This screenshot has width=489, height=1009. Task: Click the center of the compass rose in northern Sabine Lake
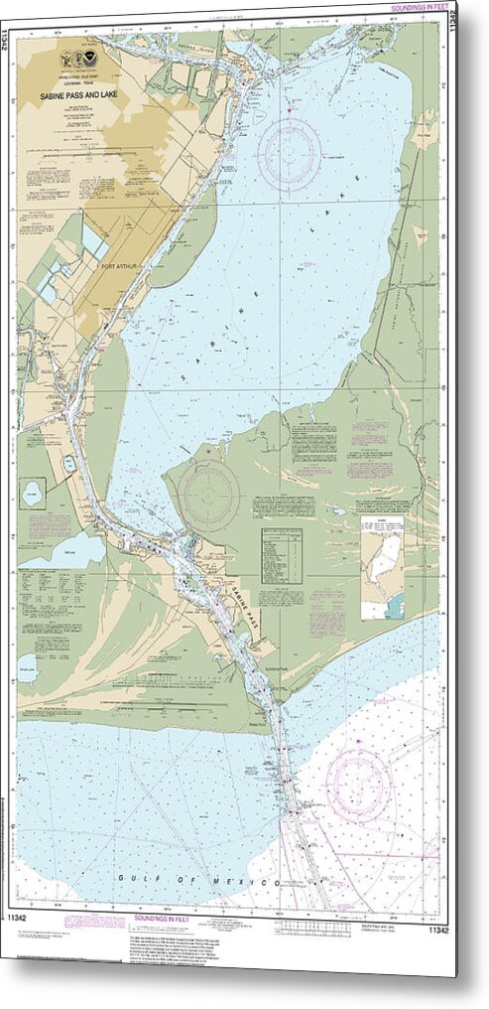pos(290,153)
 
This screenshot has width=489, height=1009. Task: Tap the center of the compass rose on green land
pos(209,493)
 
